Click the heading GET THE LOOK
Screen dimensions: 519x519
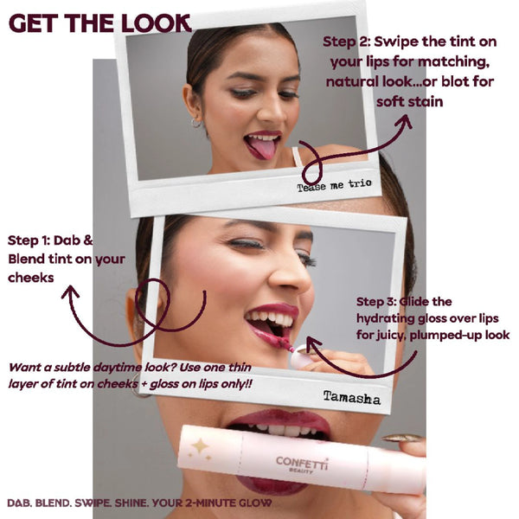pos(99,23)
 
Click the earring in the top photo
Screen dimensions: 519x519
pos(196,124)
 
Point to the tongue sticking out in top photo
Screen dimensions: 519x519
pos(259,149)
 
